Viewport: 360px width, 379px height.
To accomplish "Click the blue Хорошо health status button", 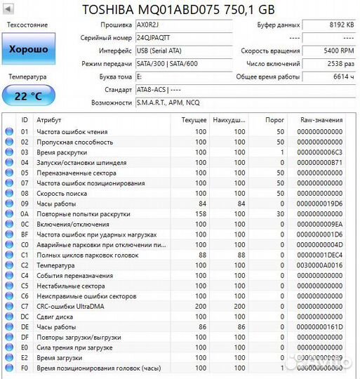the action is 29,49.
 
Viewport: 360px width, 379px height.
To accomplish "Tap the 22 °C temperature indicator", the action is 29,95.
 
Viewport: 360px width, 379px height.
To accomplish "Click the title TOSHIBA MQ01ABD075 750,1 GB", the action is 179,9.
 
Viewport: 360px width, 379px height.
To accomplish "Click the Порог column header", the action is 275,120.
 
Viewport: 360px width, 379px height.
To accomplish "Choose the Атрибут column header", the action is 48,120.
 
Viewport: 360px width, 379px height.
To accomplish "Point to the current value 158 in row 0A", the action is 200,214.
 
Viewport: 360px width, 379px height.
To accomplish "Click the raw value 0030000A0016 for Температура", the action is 320,266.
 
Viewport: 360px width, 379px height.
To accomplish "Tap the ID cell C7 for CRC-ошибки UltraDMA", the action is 25,307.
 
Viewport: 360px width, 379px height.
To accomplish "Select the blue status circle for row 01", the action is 9,131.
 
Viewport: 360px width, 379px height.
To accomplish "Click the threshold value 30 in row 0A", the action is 280,214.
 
